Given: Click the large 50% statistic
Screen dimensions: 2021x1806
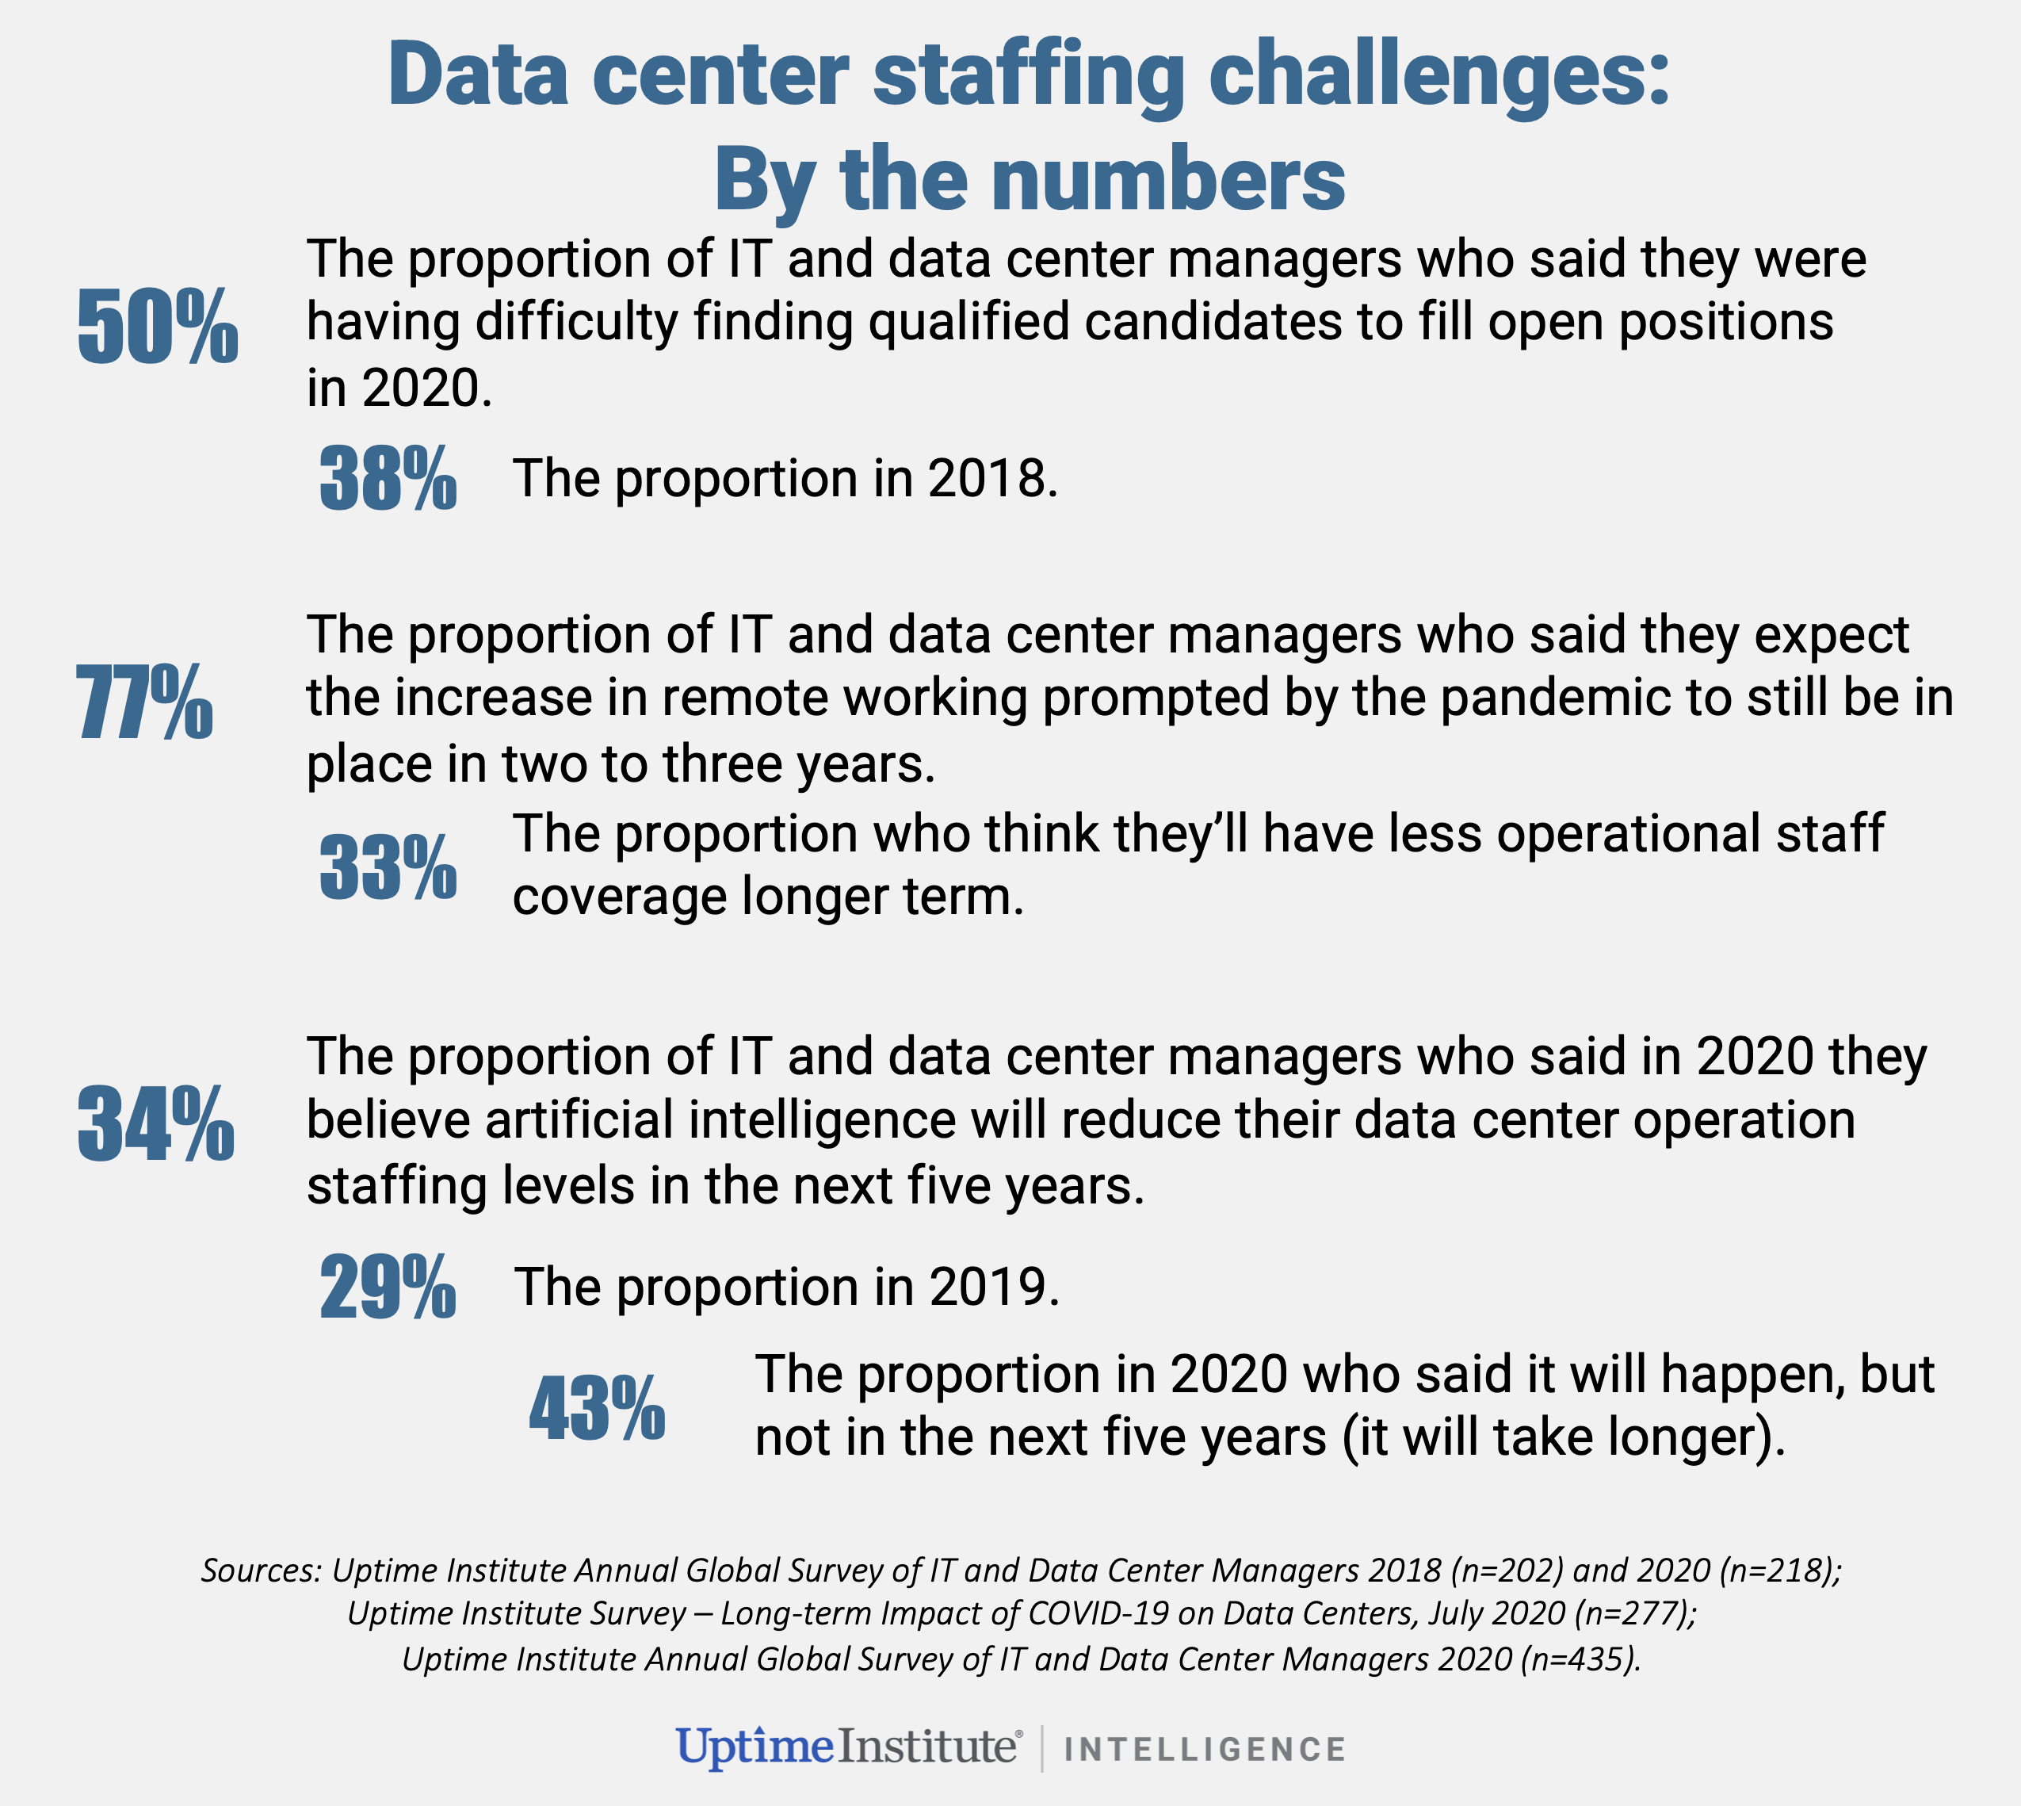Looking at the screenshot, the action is (x=158, y=326).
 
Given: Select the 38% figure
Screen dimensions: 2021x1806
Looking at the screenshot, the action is (x=388, y=478).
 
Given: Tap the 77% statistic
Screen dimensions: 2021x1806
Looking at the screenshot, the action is (x=144, y=702).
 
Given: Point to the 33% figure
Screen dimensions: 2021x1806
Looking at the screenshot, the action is (x=388, y=867).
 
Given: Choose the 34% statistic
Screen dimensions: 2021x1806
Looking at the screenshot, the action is (x=156, y=1123).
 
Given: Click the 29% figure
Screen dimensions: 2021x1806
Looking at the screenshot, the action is (x=388, y=1286).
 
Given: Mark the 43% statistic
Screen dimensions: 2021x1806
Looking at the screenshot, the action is (x=598, y=1407).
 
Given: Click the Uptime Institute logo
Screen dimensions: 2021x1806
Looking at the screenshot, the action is (x=848, y=1747).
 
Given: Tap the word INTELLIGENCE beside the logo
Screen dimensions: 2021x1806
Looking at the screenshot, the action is (x=1205, y=1748).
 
